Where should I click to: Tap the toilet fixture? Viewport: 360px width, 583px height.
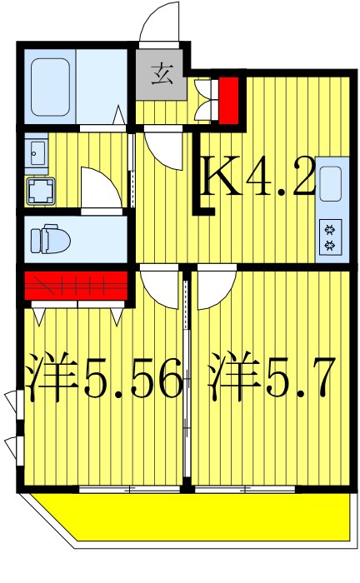(x=45, y=240)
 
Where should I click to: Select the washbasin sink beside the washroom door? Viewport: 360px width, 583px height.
(x=37, y=153)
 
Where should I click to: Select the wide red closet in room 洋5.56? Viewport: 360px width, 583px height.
(x=75, y=286)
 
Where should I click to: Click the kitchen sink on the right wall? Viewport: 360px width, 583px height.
(x=330, y=184)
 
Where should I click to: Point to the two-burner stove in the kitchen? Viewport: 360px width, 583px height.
(x=330, y=237)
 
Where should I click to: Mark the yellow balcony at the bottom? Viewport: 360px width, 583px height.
(x=192, y=516)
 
